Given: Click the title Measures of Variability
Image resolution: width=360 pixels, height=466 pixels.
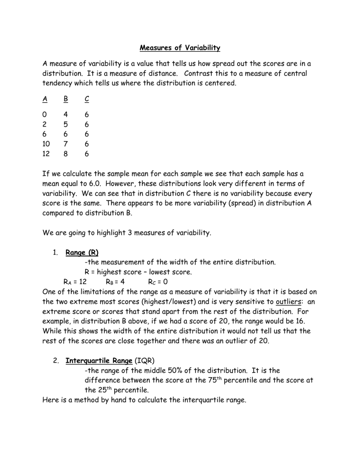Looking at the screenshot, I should pyautogui.click(x=180, y=48).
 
